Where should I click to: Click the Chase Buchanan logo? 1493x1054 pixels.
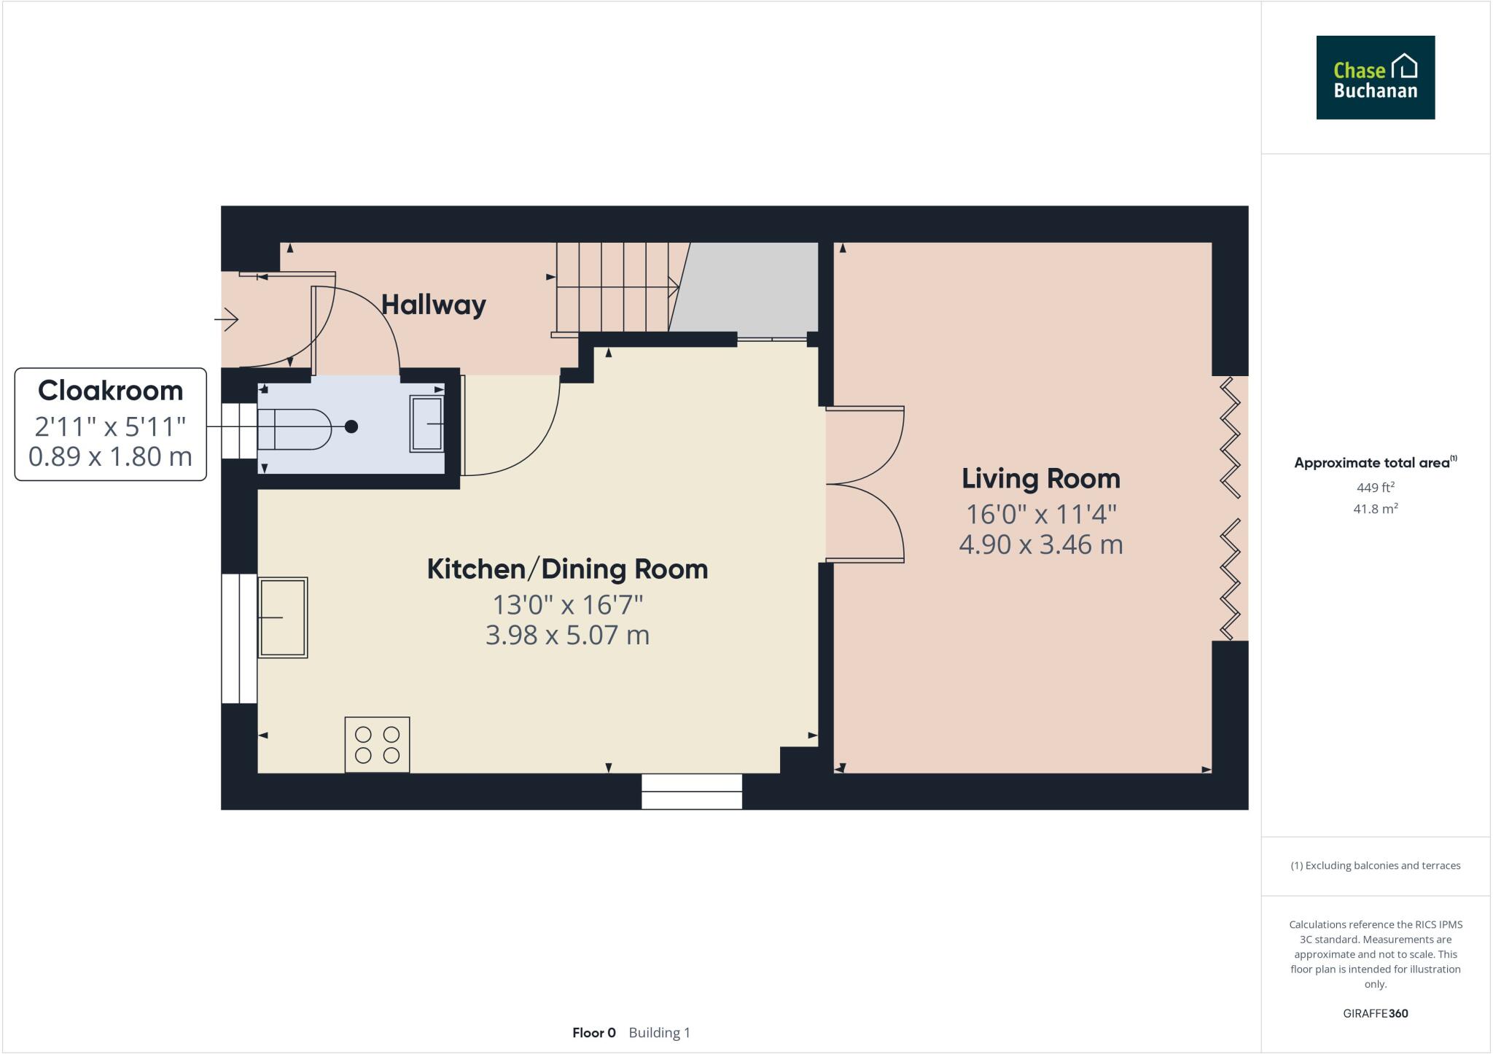[x=1375, y=77]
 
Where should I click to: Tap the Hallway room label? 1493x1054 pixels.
[x=433, y=305]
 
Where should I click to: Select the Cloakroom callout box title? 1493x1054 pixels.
[x=110, y=391]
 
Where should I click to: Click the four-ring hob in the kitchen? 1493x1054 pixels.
[x=377, y=744]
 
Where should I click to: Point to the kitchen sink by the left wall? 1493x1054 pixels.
[x=283, y=617]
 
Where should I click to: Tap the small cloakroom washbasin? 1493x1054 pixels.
[x=427, y=423]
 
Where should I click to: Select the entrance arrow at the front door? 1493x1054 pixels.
[x=227, y=319]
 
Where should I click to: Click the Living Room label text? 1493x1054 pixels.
[x=1040, y=479]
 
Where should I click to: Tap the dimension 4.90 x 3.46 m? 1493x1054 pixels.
[x=1040, y=544]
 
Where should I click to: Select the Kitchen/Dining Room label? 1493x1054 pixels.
[x=567, y=569]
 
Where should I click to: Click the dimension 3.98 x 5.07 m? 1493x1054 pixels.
[x=567, y=635]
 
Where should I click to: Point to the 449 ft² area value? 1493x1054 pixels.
[x=1375, y=487]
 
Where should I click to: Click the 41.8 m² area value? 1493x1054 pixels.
[x=1375, y=509]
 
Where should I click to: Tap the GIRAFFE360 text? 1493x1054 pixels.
[x=1375, y=1013]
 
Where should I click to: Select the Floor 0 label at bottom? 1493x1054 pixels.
[x=594, y=1033]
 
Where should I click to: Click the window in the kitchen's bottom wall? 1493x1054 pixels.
[x=691, y=792]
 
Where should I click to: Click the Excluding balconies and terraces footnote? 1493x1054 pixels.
[x=1375, y=866]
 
